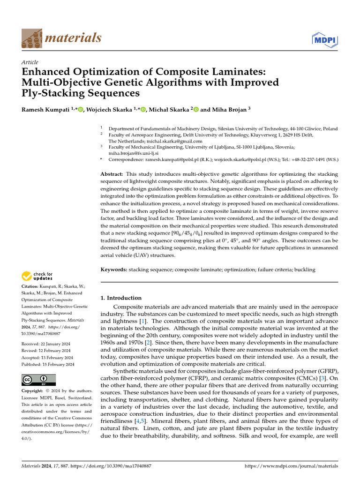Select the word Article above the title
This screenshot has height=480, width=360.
30,62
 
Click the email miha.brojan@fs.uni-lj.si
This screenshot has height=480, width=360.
134,153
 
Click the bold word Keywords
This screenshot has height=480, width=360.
114,270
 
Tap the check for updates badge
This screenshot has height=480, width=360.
37,276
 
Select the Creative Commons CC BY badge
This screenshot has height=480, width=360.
39,380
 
